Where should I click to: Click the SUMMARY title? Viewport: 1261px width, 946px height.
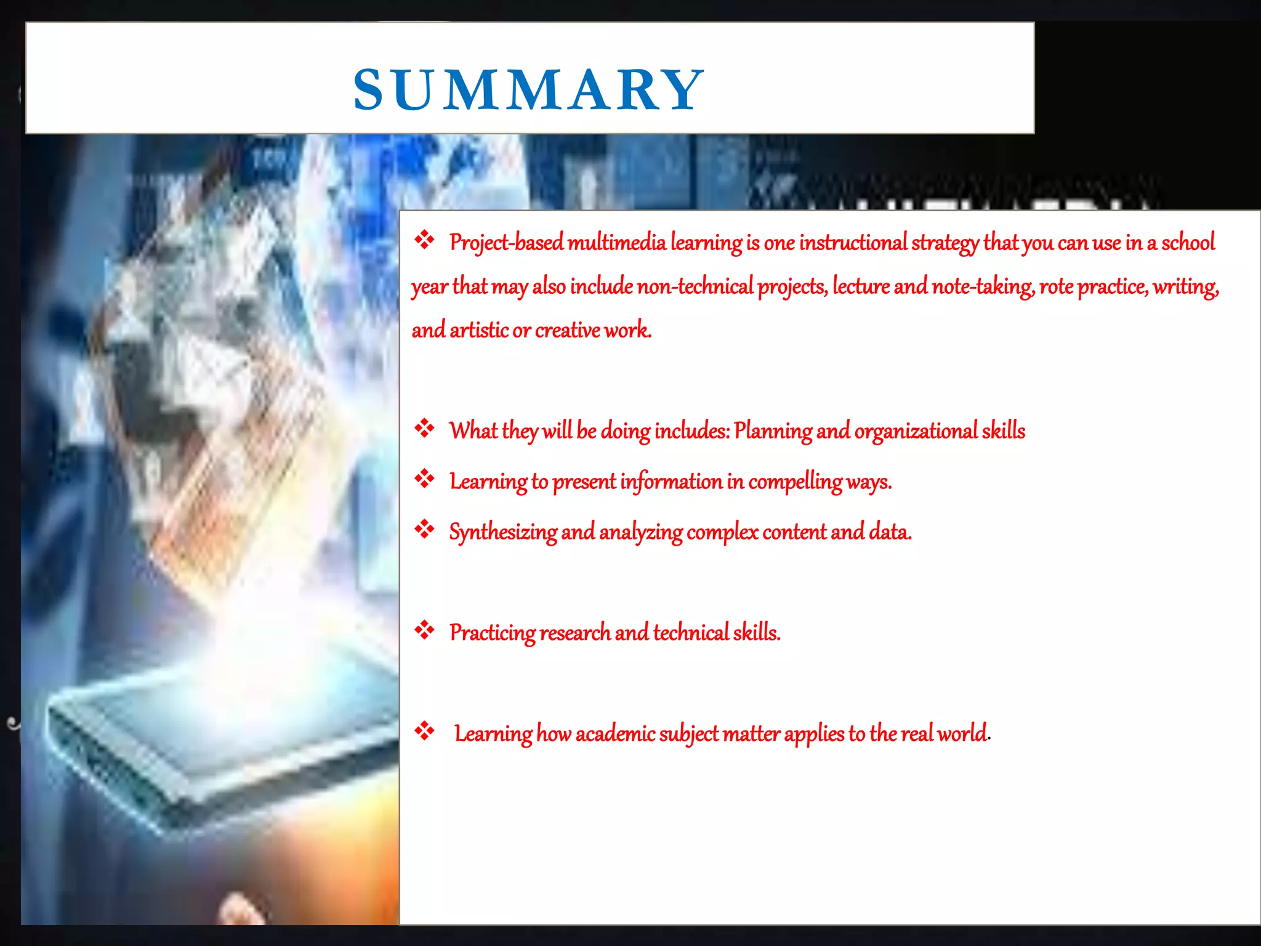528,90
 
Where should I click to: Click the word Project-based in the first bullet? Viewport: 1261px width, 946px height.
506,243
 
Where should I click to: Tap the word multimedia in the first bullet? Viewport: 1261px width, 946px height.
616,243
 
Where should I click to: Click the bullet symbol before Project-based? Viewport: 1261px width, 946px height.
424,240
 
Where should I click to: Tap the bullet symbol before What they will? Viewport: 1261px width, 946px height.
424,427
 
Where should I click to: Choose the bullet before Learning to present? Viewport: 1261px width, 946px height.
424,478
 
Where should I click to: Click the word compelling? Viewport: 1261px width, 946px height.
795,482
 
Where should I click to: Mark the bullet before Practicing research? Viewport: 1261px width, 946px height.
424,629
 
